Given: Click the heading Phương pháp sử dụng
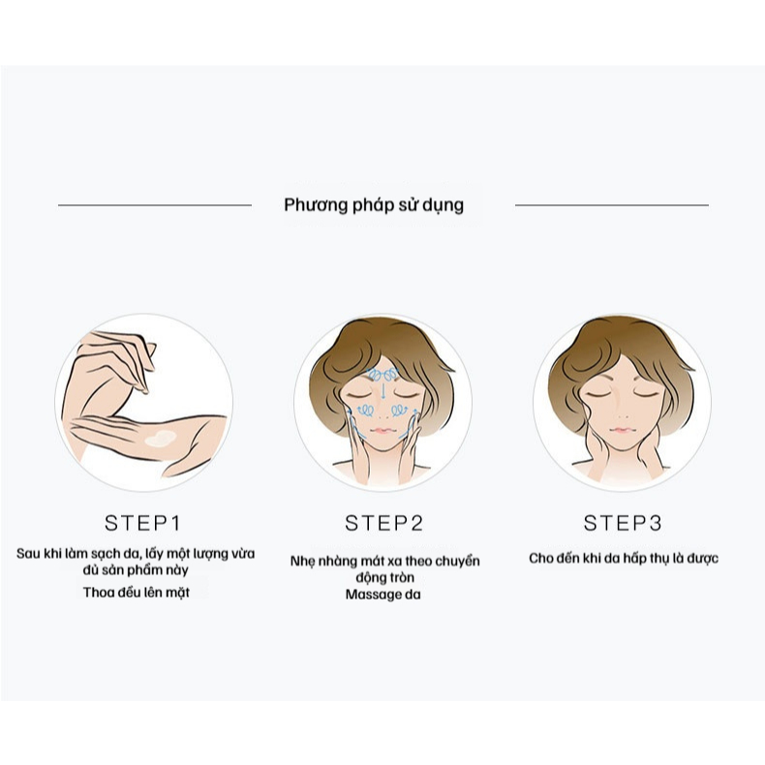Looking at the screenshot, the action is pyautogui.click(x=374, y=205).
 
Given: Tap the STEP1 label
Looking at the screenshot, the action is pyautogui.click(x=143, y=523).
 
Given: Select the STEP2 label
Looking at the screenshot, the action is pyautogui.click(x=383, y=523).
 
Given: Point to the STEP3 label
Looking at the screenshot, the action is pyautogui.click(x=623, y=523).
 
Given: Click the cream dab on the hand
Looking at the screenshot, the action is pyautogui.click(x=161, y=439).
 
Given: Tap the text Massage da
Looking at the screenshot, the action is pyautogui.click(x=383, y=595).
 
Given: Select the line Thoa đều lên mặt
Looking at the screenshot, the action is pyautogui.click(x=137, y=593).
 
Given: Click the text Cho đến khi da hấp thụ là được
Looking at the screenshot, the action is pyautogui.click(x=624, y=558).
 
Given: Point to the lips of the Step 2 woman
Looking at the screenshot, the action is pyautogui.click(x=383, y=431).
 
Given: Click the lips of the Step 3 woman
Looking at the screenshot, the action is pyautogui.click(x=622, y=430).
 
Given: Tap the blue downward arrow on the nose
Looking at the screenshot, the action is pyautogui.click(x=383, y=391).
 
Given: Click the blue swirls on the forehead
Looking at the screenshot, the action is pyautogui.click(x=383, y=375).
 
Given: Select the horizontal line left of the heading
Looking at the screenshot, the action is pyautogui.click(x=155, y=205).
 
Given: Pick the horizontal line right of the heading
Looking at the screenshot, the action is pyautogui.click(x=612, y=205).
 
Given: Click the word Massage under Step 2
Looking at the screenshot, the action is pyautogui.click(x=375, y=595).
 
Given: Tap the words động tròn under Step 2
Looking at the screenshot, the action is pyautogui.click(x=385, y=578).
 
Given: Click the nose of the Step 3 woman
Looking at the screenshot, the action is pyautogui.click(x=623, y=415).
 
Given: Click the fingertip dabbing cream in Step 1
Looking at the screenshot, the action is pyautogui.click(x=144, y=389).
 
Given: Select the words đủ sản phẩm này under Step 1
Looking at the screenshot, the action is pyautogui.click(x=136, y=569).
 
